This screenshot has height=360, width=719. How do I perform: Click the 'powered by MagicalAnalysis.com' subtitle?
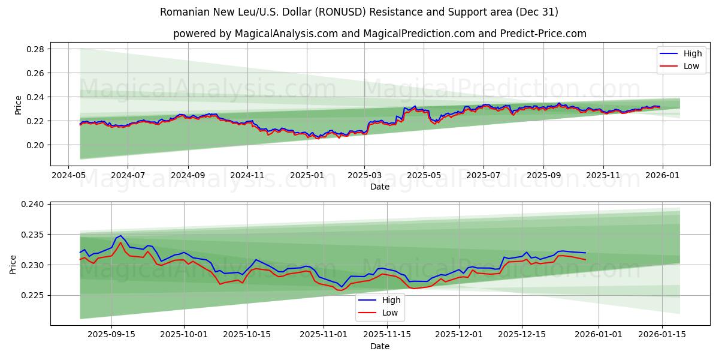(379, 34)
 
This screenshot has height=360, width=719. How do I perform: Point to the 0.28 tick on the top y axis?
(35, 49)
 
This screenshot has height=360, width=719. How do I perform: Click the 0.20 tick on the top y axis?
(35, 145)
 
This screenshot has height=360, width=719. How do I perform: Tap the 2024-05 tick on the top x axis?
(68, 176)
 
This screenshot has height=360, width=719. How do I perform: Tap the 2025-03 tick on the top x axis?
(365, 176)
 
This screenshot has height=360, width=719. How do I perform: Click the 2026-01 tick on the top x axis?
(662, 176)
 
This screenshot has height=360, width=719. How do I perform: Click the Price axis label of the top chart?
(18, 105)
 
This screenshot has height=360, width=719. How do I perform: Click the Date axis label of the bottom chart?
(379, 346)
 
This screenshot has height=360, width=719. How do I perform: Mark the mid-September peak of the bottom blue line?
(120, 236)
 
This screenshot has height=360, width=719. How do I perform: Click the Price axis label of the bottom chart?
(14, 264)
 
